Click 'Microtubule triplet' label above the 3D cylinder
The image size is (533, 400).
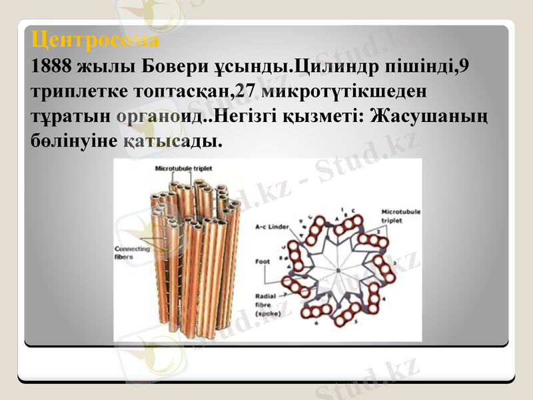pos(182,169)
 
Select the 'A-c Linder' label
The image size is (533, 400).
pos(272,227)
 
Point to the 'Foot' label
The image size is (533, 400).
pos(263,261)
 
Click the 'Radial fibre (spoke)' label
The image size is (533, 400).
pos(270,303)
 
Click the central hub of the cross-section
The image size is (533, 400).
pos(338,269)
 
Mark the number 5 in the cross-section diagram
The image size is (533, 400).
pos(356,321)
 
